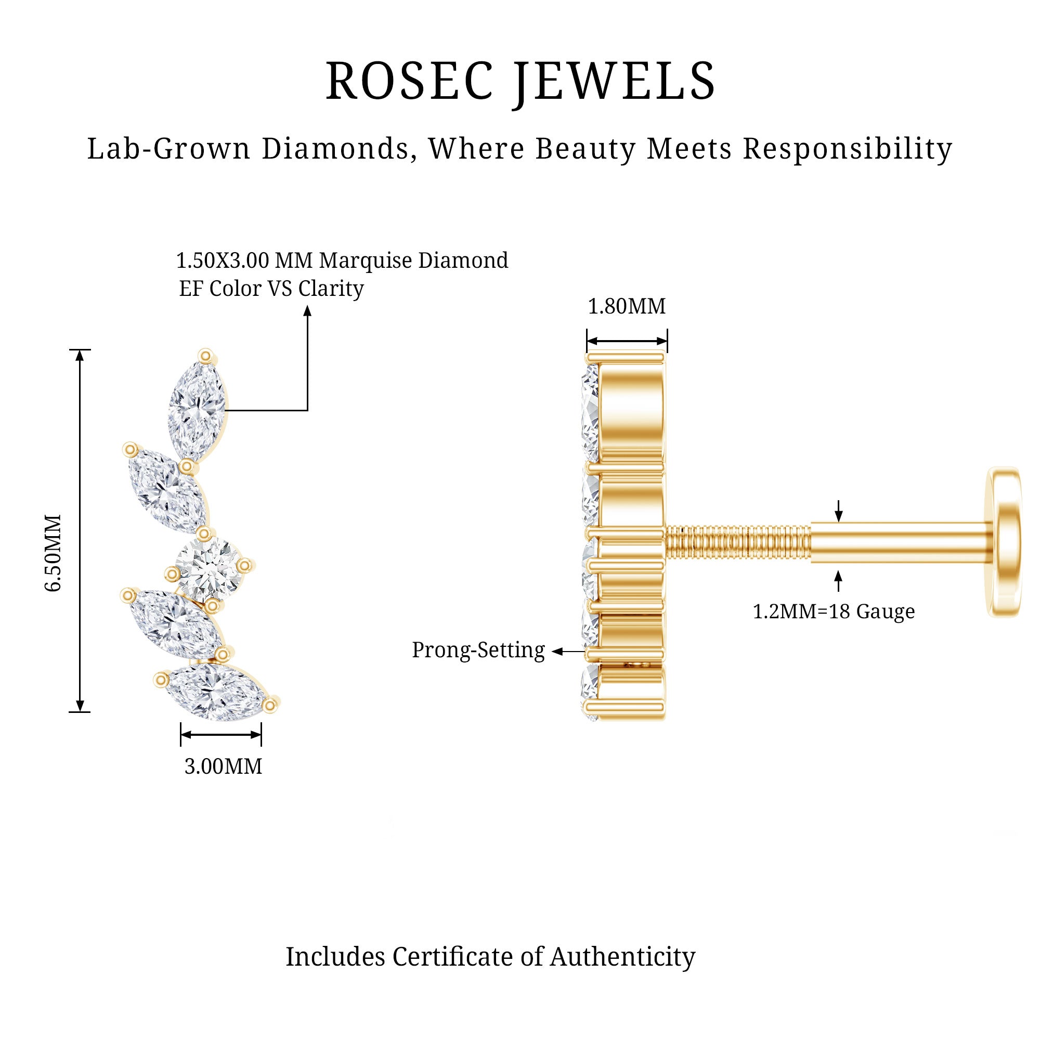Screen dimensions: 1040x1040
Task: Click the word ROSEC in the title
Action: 409,81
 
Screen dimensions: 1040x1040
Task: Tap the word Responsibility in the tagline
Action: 847,149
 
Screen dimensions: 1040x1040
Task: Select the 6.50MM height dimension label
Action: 53,553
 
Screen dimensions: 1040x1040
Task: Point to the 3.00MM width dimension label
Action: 224,766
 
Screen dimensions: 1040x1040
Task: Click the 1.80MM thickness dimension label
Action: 627,306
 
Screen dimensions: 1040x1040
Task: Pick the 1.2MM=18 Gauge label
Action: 833,612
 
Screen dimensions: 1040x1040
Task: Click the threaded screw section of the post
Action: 738,542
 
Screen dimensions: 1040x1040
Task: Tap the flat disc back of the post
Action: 1005,542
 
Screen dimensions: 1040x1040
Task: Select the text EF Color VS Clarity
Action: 271,289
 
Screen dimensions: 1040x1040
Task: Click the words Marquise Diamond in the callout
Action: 413,261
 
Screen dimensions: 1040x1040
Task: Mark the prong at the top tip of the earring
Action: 205,355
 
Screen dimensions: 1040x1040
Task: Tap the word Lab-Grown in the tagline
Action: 169,149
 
